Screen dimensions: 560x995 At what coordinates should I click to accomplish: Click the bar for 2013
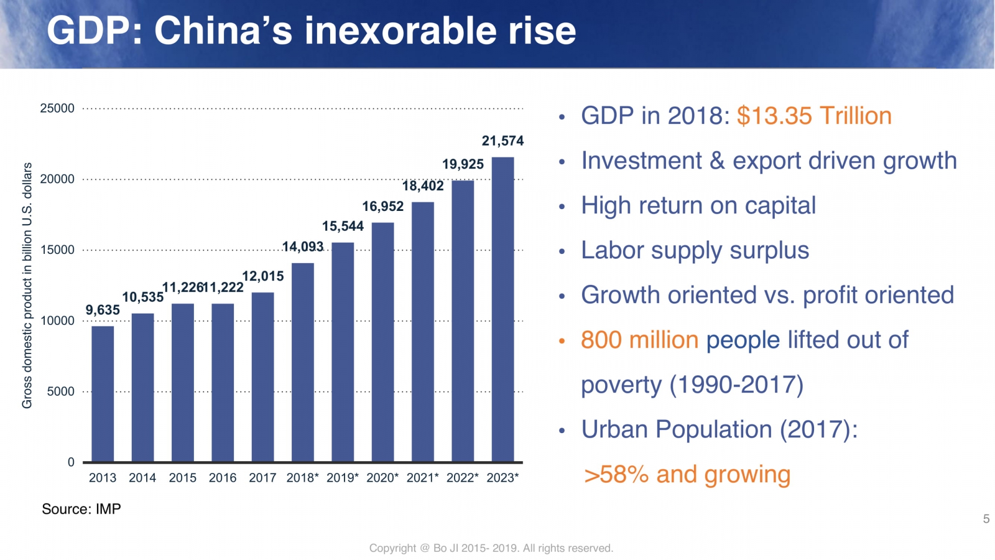[103, 394]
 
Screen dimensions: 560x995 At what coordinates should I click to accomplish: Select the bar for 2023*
[502, 309]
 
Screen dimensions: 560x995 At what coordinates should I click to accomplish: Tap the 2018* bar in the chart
[302, 362]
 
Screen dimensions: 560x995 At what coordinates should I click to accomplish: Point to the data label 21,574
[502, 141]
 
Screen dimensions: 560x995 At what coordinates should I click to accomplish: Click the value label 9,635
[103, 310]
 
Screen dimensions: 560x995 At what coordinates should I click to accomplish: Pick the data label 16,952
[383, 207]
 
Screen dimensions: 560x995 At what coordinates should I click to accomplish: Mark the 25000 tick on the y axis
[57, 108]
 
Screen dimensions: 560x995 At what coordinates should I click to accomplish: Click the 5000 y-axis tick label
[60, 391]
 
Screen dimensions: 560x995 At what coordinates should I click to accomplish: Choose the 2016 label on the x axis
[223, 478]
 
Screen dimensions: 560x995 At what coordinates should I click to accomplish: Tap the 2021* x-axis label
[422, 478]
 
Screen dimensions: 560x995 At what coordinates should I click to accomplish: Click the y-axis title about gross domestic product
[27, 286]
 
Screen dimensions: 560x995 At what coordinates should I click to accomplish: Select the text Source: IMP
[81, 509]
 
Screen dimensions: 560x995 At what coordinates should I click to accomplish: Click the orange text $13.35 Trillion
[814, 116]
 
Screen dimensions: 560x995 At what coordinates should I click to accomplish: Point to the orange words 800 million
[639, 340]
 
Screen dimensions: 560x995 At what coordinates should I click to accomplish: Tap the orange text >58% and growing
[687, 475]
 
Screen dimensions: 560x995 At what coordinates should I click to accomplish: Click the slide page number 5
[986, 519]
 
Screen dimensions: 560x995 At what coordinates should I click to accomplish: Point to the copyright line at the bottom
[491, 548]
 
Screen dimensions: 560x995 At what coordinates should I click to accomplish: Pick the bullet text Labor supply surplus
[695, 251]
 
